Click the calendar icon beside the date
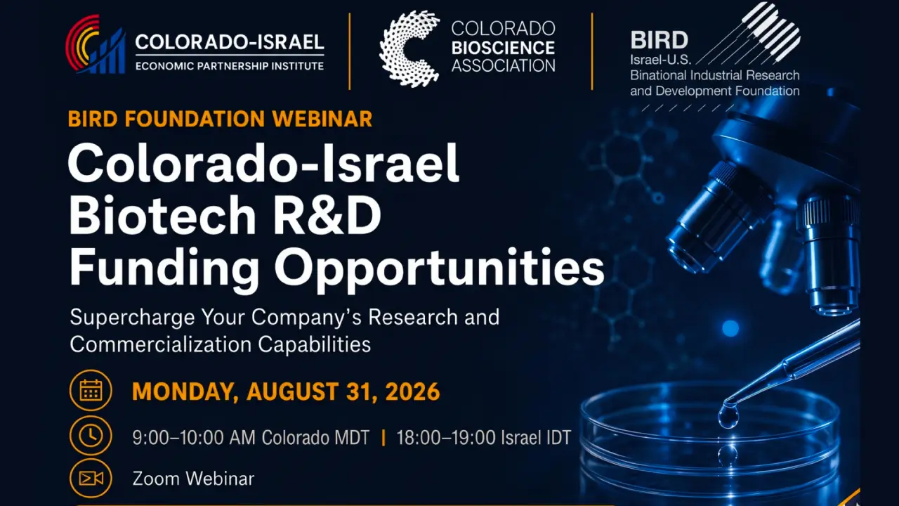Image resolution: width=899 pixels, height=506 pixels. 91,390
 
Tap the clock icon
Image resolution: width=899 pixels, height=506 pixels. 91,436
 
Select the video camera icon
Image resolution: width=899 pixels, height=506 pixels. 91,479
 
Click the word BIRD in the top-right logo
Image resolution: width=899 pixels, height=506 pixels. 659,40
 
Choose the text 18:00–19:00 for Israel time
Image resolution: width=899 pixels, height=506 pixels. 445,438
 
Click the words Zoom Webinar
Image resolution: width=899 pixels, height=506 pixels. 193,479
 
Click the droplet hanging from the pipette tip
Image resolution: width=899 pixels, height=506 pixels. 728,417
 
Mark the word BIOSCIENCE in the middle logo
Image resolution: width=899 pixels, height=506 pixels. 504,48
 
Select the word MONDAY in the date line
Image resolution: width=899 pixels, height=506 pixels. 185,392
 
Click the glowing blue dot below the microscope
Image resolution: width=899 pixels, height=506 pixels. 730,328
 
